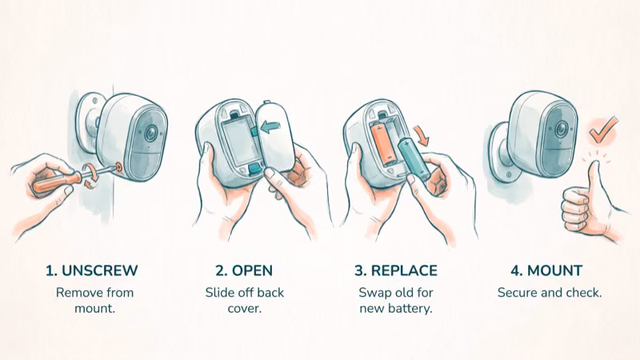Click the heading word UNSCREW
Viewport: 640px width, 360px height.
click(99, 270)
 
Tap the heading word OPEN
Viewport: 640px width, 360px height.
click(252, 270)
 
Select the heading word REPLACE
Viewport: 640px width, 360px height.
click(404, 270)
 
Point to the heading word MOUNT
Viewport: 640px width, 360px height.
click(554, 270)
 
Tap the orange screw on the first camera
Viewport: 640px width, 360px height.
click(119, 166)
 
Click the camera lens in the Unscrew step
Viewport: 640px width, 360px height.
click(151, 132)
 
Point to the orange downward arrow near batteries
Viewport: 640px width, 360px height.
click(421, 135)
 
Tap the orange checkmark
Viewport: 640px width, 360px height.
click(603, 130)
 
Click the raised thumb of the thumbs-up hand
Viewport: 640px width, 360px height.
click(594, 179)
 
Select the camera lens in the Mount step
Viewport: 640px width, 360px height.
click(562, 130)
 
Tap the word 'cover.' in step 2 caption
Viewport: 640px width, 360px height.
click(245, 308)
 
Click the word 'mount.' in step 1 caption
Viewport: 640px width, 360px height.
click(94, 308)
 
